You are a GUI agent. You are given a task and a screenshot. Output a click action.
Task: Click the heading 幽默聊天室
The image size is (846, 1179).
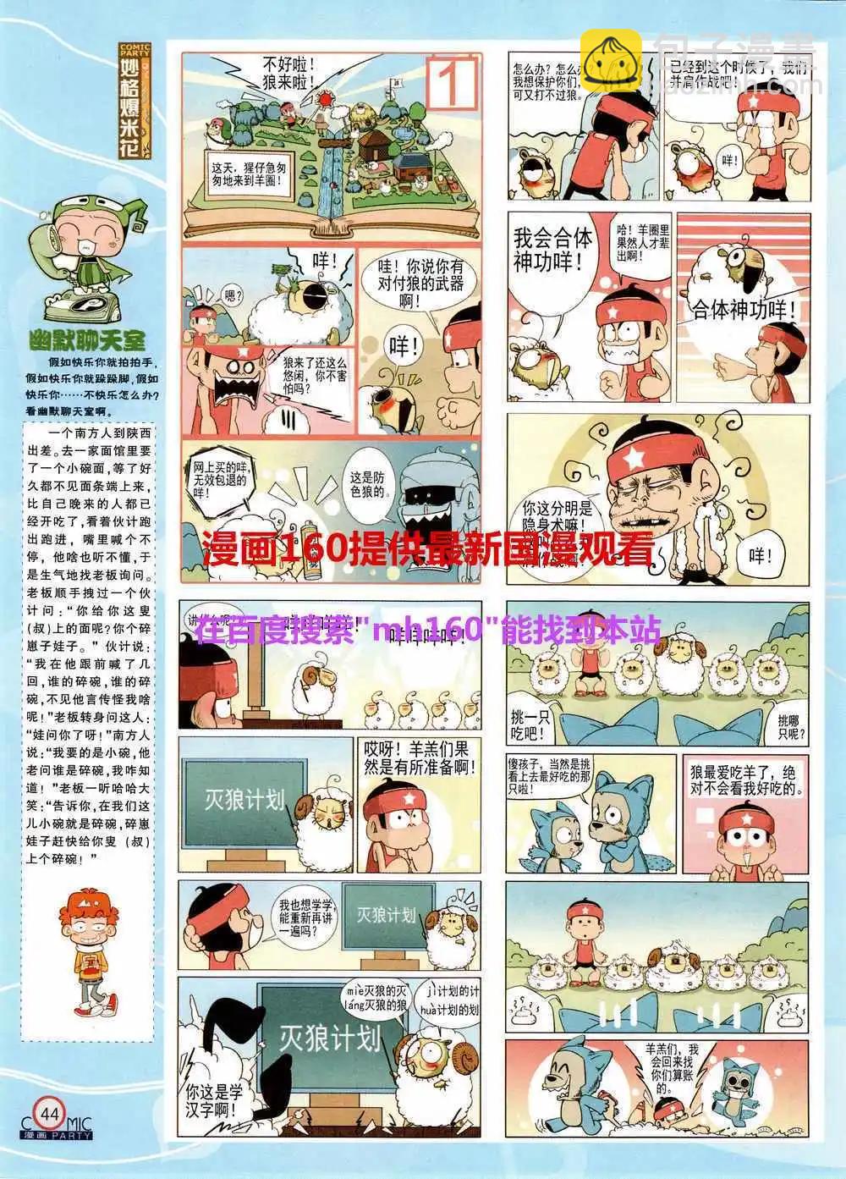point(86,341)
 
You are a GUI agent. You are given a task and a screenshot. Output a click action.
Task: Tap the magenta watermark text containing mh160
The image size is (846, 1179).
point(427,631)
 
